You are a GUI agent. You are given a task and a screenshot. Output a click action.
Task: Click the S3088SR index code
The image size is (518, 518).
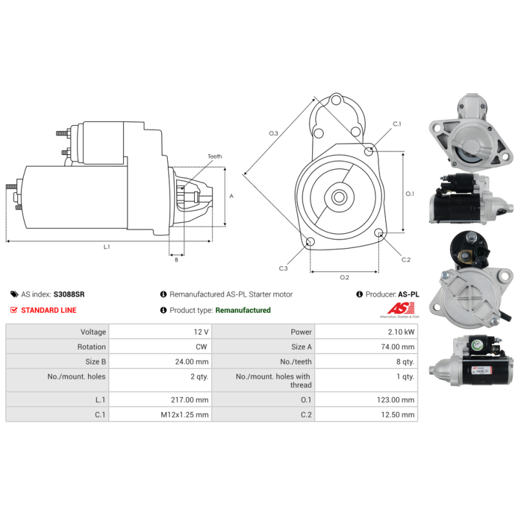coord(69,294)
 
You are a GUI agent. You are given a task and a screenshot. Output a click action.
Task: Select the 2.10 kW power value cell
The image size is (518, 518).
coord(401,332)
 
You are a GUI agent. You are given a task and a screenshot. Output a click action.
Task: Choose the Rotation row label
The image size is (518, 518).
coord(91,347)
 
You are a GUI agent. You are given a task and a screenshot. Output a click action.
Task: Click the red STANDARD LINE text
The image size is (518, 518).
coord(49,310)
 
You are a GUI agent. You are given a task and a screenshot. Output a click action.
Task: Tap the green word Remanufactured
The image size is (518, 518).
coord(243,310)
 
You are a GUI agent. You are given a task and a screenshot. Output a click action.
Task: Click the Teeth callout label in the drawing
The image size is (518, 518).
coord(214,157)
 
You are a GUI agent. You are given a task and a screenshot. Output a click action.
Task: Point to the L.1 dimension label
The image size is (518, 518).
coord(107,246)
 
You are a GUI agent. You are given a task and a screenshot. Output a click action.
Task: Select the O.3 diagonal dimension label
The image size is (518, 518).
coord(273,133)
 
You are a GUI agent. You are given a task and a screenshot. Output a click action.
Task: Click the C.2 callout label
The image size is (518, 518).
coord(406,260)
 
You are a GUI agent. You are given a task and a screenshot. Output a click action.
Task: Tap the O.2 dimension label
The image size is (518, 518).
coord(344,277)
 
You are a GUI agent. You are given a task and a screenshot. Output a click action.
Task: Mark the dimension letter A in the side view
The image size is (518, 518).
coord(231,196)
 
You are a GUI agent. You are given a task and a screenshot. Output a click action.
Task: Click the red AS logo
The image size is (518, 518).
coord(392,310)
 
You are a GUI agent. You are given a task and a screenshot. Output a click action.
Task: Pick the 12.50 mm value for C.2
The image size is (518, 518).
coord(399,415)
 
